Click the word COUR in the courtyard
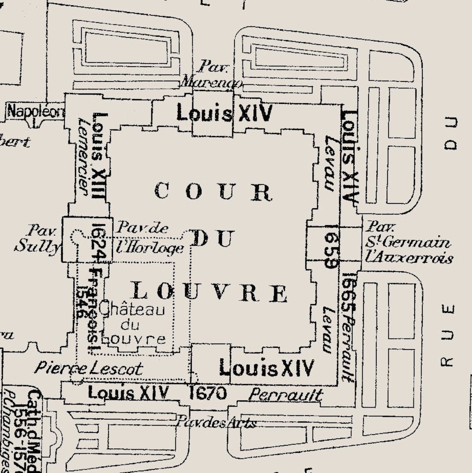tap(213, 191)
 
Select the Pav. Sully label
tap(37, 239)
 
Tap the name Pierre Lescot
tap(88, 369)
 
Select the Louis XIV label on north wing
tap(224, 113)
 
